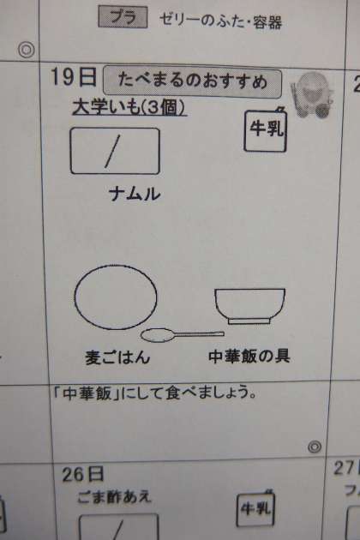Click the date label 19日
[74, 77]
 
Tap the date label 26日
[82, 474]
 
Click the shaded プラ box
[123, 17]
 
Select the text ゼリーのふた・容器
[220, 21]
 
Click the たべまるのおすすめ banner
[192, 81]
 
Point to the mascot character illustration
[312, 94]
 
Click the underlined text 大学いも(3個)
[129, 107]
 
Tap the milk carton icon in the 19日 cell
[265, 129]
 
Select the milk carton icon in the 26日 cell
[255, 508]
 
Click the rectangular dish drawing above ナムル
[115, 151]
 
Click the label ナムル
[135, 194]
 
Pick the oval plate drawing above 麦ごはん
[116, 297]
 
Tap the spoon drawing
[183, 335]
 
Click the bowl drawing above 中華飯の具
[249, 306]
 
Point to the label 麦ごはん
[117, 357]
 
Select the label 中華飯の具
[249, 356]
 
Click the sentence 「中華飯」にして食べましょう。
[156, 393]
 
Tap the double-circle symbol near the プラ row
[27, 50]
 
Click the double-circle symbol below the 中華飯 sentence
[315, 447]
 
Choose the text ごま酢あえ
[114, 497]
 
